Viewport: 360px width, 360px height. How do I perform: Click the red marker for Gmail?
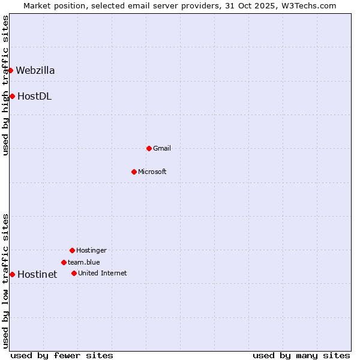149,148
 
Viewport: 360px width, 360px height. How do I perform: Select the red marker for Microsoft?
134,172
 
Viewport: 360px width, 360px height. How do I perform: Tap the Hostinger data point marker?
72,250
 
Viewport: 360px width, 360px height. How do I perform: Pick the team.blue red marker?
64,262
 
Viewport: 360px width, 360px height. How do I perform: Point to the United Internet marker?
74,273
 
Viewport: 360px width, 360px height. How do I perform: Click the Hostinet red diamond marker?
12,274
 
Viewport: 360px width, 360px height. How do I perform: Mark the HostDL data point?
12,96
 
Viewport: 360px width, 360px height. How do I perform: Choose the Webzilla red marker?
10,70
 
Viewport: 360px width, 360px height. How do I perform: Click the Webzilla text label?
35,70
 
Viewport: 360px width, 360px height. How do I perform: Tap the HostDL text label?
34,96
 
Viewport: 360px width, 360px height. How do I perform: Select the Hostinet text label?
37,274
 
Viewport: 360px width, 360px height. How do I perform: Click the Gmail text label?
162,148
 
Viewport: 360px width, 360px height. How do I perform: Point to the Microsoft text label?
152,172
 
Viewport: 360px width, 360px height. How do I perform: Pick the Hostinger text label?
91,250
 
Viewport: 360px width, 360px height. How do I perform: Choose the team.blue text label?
84,262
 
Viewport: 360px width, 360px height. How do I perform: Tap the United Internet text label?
103,273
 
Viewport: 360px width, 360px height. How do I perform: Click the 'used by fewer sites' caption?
62,355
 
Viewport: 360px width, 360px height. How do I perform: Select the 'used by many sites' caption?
301,355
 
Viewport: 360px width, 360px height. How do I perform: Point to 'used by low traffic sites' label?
5,281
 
